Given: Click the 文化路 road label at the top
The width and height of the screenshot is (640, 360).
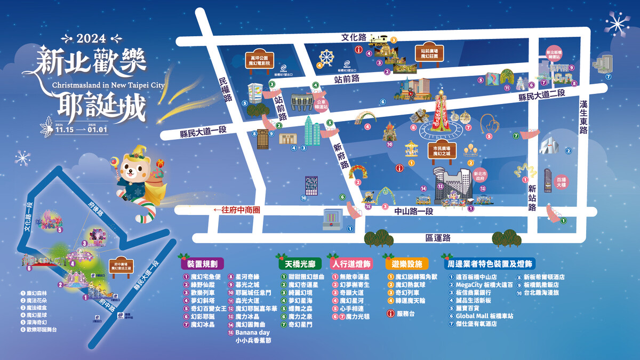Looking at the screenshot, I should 354,37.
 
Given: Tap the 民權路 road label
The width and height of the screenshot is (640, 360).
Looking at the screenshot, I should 226,90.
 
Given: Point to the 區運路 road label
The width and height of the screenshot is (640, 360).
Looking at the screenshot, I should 438,237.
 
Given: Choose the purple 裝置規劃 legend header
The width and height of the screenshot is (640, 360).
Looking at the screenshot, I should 202,263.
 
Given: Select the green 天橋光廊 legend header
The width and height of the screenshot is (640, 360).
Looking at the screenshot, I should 297,263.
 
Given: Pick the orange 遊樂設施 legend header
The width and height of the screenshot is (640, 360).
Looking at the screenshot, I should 407,263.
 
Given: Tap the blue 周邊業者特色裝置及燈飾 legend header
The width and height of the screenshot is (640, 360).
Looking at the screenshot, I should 489,263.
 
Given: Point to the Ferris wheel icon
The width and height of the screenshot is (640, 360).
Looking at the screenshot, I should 326,57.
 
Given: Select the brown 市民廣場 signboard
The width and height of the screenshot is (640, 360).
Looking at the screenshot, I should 442,150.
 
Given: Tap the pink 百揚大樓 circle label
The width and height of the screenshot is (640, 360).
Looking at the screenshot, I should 561,181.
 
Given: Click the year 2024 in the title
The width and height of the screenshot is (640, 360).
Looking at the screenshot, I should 91,38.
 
